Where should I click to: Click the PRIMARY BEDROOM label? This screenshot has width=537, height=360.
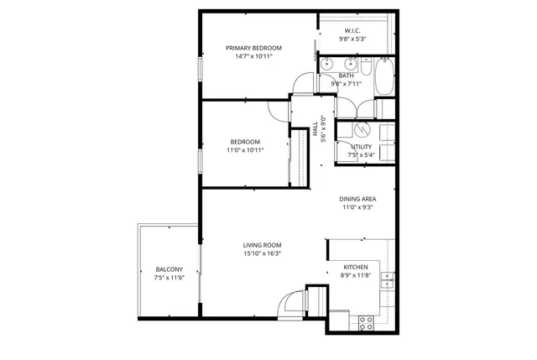(253, 48)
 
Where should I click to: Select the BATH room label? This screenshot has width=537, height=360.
(346, 76)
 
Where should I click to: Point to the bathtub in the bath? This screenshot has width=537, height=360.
(384, 76)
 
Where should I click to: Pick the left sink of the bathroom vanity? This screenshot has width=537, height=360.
(327, 63)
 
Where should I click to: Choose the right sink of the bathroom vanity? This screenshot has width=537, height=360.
(352, 63)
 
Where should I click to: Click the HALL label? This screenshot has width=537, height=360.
(315, 129)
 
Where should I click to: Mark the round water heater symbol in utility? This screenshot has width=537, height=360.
(362, 129)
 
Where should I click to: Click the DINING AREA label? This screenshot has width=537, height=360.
(357, 199)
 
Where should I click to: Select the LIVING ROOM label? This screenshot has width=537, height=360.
(262, 245)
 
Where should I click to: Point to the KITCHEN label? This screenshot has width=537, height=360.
(356, 267)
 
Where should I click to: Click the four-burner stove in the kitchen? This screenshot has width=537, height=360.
(366, 321)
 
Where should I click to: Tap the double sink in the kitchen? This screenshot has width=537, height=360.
(387, 279)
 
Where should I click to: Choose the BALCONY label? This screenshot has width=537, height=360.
(169, 269)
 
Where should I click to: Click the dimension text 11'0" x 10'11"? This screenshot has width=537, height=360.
(245, 150)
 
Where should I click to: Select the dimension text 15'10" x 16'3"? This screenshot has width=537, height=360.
(262, 253)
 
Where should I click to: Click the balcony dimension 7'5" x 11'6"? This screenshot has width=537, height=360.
(169, 278)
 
